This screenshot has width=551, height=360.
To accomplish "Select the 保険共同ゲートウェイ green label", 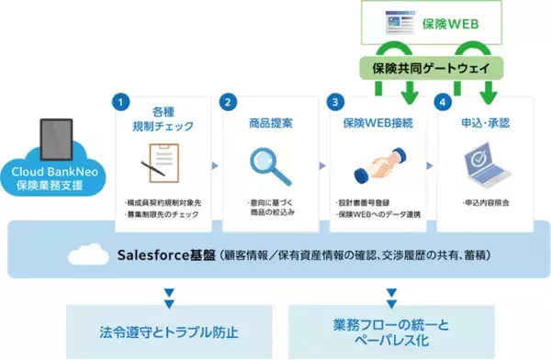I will point(432,68).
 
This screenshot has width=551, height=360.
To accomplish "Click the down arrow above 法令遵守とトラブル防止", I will point(168,294).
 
